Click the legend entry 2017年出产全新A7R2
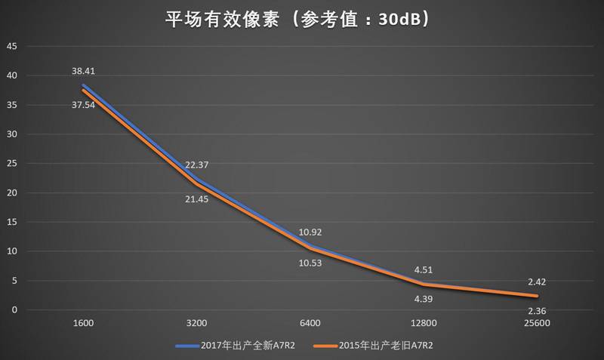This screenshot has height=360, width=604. [242, 346]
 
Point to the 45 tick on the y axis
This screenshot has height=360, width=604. [11, 46]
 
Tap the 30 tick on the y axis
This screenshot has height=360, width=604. [11, 134]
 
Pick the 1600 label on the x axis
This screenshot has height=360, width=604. [83, 323]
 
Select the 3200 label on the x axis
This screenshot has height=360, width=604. [196, 323]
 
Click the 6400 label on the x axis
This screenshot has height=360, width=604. [310, 323]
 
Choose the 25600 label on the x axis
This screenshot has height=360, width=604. [537, 323]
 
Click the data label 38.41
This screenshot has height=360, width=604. [83, 71]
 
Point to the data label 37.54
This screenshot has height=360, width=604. [83, 105]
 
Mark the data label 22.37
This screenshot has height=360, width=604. [196, 165]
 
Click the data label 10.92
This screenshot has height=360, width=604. [310, 232]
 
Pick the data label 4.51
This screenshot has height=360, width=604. [424, 269]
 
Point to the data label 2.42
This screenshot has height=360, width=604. [537, 282]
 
